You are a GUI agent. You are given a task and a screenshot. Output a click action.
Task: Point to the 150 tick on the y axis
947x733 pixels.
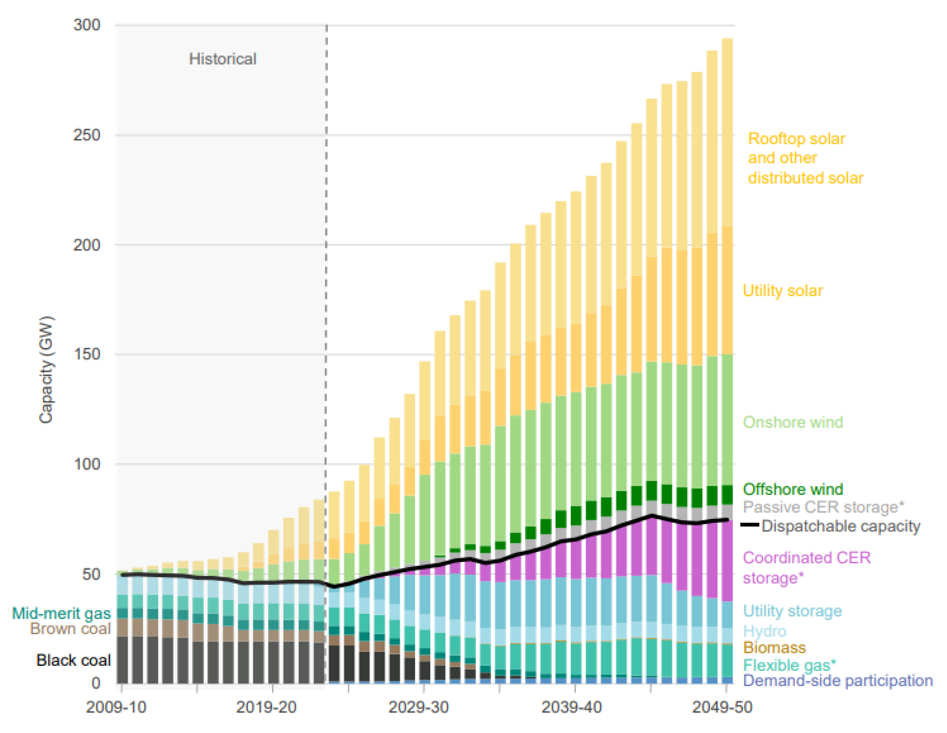[87, 354]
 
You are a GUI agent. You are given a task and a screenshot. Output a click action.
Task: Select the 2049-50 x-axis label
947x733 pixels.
[722, 707]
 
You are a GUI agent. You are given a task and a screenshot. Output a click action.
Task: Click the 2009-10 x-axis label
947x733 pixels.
[116, 707]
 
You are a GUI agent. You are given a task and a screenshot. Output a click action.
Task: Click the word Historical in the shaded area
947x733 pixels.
[222, 59]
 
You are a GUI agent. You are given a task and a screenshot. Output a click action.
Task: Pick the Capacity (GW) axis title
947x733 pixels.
[46, 370]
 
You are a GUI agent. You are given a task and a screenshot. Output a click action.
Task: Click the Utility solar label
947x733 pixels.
[783, 291]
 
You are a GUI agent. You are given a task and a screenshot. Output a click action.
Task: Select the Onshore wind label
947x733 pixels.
[793, 422]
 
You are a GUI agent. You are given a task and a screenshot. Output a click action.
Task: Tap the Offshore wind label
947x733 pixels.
[793, 489]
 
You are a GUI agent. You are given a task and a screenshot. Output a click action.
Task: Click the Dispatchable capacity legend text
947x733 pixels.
[840, 526]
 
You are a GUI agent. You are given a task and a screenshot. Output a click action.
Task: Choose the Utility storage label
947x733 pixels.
[792, 611]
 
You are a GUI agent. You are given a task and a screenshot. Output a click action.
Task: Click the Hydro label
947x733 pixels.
[764, 631]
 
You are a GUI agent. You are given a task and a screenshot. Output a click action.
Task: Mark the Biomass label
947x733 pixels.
[774, 648]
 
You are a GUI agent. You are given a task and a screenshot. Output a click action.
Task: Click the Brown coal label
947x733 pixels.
[70, 628]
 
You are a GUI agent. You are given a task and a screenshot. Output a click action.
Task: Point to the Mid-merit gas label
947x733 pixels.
[61, 613]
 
